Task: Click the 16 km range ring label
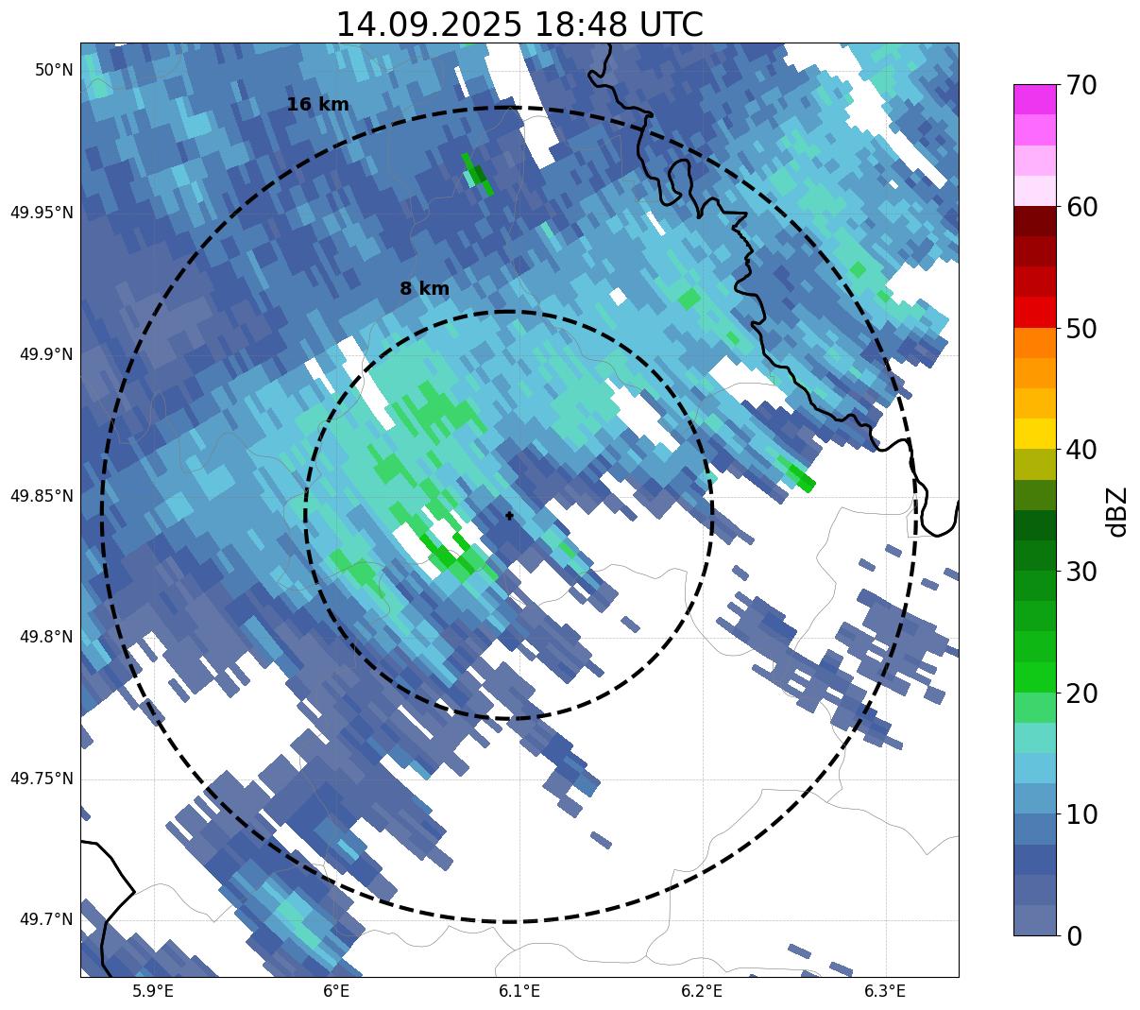point(318,105)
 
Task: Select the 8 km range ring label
point(424,289)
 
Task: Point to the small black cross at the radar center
point(510,516)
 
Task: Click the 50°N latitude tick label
point(54,70)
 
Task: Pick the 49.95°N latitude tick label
point(42,213)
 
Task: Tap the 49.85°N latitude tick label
point(42,496)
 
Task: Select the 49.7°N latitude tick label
point(46,919)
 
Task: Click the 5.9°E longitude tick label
point(153,991)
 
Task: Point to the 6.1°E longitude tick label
point(519,991)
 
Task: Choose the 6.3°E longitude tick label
point(885,991)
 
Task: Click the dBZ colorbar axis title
point(1118,511)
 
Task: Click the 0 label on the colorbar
point(1074,936)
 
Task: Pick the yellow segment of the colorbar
point(1034,434)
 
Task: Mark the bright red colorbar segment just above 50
point(1034,313)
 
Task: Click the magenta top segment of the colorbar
point(1034,99)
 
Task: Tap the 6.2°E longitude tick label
point(702,991)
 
